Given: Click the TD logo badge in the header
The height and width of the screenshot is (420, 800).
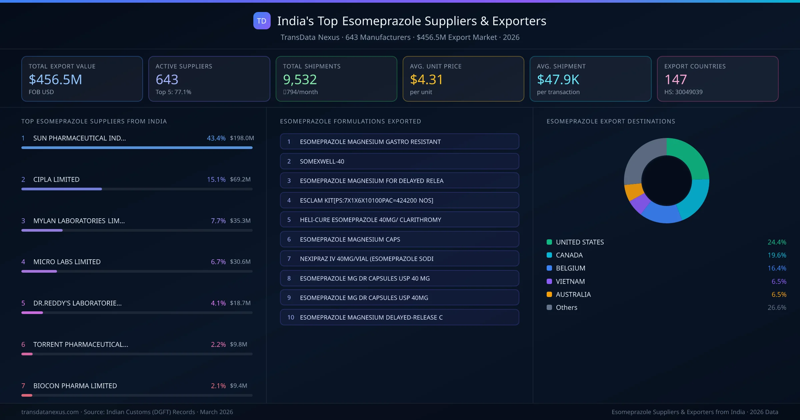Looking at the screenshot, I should pyautogui.click(x=262, y=21).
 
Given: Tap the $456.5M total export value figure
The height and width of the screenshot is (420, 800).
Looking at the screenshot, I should pyautogui.click(x=55, y=80).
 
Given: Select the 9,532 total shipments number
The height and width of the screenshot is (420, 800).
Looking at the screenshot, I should pyautogui.click(x=300, y=80).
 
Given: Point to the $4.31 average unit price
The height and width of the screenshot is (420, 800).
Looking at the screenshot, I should pyautogui.click(x=426, y=80).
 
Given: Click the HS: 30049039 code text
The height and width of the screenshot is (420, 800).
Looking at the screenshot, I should pyautogui.click(x=683, y=92).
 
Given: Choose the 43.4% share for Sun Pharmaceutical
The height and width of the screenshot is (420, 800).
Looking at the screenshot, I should pyautogui.click(x=216, y=138).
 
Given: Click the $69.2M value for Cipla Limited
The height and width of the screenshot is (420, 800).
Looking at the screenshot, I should pyautogui.click(x=240, y=179).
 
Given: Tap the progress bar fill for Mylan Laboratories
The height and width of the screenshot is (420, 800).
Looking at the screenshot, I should pyautogui.click(x=42, y=230).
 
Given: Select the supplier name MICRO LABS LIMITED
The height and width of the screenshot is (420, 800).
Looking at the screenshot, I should pyautogui.click(x=67, y=262).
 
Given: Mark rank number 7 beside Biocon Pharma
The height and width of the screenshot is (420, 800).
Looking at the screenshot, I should pyautogui.click(x=23, y=386).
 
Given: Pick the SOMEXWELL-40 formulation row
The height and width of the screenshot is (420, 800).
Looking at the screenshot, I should pyautogui.click(x=399, y=161).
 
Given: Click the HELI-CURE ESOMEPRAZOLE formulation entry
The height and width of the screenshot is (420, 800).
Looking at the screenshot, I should pyautogui.click(x=399, y=220).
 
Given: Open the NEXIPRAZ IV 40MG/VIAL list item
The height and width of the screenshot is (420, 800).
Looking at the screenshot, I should pyautogui.click(x=399, y=259).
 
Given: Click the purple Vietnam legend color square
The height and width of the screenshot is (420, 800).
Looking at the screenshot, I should pyautogui.click(x=549, y=281).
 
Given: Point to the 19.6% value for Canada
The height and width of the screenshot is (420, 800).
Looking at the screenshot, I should pyautogui.click(x=777, y=255).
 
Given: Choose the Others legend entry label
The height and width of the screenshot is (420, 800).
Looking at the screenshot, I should pyautogui.click(x=566, y=308).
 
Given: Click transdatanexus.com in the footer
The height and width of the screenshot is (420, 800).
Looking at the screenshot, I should pyautogui.click(x=50, y=412).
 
